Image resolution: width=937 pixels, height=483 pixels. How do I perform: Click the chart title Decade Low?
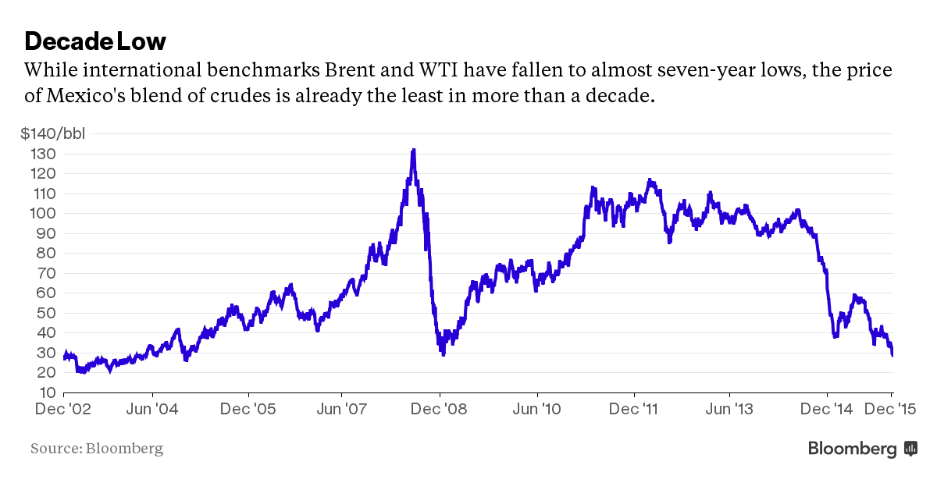point(95,41)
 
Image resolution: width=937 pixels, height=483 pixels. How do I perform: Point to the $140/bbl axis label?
point(53,133)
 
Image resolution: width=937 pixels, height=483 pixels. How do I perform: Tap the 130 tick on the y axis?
point(44,154)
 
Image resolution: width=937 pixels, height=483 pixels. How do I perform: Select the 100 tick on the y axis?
point(44,213)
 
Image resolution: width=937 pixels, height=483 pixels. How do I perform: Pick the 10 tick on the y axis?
point(46,392)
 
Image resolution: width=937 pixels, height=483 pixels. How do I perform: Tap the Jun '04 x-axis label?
point(151,409)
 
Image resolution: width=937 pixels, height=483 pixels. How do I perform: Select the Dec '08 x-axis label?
point(440,409)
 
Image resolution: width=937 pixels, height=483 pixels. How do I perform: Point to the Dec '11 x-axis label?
point(633,409)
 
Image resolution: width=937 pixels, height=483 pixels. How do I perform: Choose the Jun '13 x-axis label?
point(729,409)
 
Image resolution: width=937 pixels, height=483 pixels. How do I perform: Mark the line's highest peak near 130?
point(413,150)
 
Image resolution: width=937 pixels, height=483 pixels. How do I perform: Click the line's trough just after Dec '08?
point(444,354)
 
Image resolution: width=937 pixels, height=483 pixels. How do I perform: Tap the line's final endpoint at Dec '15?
point(892,355)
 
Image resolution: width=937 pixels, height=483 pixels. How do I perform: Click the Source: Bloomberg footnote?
point(97,449)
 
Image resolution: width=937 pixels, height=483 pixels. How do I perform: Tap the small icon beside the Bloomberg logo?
point(910,449)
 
